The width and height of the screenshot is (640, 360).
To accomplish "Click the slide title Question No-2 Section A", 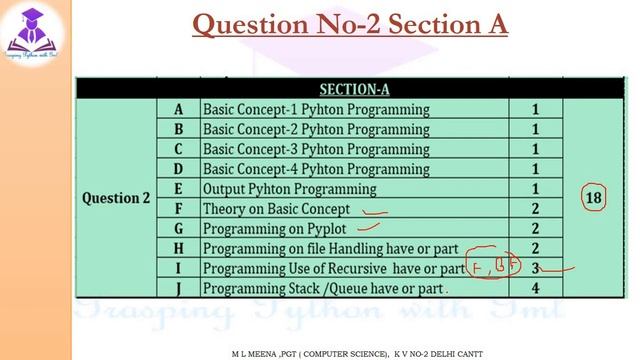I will pos(349,23).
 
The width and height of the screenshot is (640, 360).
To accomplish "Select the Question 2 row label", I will pos(115,198).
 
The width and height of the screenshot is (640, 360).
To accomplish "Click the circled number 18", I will pos(594,198).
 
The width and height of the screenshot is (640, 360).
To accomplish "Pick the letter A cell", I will pos(178,109).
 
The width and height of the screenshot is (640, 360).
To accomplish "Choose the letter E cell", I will pos(178,189).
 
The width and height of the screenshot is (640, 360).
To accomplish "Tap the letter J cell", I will pos(178,289).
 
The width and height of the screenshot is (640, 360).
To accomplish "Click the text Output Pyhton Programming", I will pos(289,189).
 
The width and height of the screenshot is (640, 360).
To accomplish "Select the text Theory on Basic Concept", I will pos(276,209).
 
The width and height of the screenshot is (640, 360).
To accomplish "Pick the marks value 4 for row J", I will pos(536,289).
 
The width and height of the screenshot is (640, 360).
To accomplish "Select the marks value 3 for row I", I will pos(536,269).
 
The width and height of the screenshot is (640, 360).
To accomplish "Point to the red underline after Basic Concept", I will pos(375,212).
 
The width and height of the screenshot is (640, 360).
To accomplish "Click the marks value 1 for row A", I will pos(536,109).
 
